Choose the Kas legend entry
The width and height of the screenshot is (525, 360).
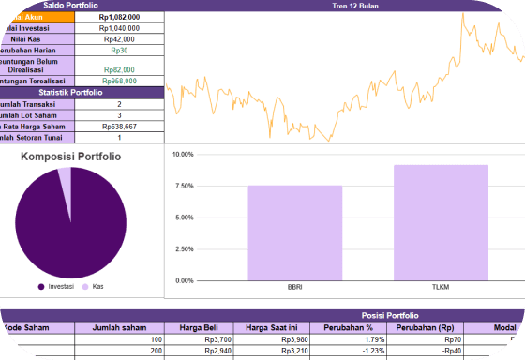[x=94, y=286]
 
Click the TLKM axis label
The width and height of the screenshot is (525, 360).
[x=441, y=288]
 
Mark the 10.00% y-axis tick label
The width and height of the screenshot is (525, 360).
[x=181, y=154]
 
